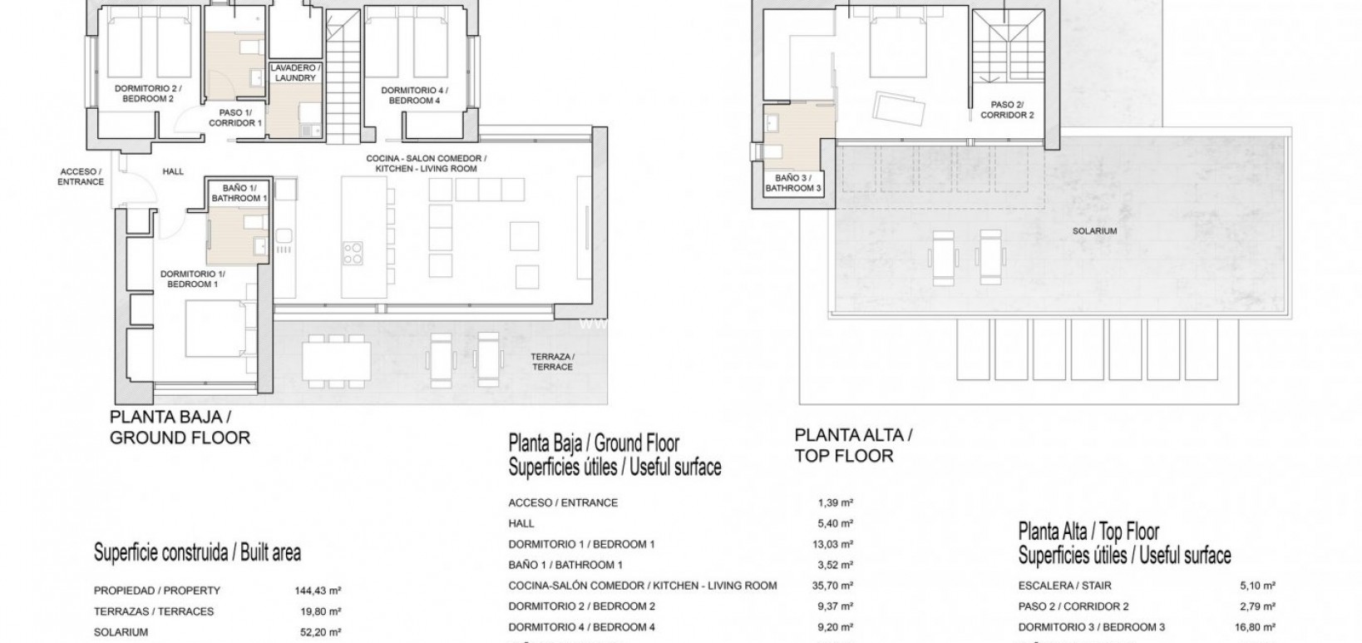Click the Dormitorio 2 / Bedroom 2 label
pos(147,93)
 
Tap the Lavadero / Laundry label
pos(294,72)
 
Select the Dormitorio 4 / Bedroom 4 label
pos(414,96)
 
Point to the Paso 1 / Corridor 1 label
pos(235,117)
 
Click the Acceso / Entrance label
pos(81,176)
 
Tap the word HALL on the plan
pos(173,171)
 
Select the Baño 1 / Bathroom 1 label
pos(239,193)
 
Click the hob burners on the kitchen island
pos(353,252)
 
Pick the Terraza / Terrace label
pos(552,362)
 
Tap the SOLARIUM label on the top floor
pos(1094,230)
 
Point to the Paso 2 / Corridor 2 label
pos(1007,110)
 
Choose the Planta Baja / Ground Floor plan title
pos(180,428)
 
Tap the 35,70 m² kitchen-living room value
pos(832,586)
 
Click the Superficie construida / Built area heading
pos(197,551)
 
